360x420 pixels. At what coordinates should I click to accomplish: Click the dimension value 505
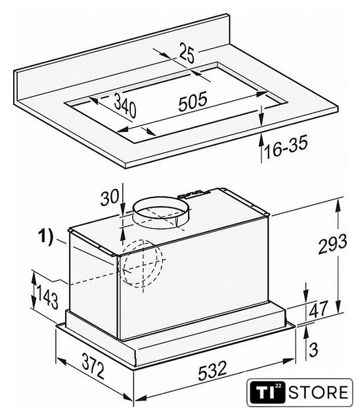click(192, 101)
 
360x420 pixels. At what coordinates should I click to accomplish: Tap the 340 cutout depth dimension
click(125, 104)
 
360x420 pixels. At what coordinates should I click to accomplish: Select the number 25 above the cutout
click(187, 53)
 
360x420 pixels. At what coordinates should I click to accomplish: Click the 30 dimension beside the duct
click(110, 198)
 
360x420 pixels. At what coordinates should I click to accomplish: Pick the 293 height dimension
click(332, 243)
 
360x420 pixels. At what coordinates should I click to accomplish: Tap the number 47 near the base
click(318, 308)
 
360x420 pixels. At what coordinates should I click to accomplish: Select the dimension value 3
click(313, 349)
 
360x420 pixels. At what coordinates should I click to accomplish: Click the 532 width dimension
click(212, 370)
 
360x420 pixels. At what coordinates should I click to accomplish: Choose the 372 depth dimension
click(93, 367)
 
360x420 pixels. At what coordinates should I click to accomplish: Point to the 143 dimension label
click(47, 297)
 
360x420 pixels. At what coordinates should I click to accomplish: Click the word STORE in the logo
click(319, 392)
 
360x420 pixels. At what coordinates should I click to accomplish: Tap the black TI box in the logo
click(267, 392)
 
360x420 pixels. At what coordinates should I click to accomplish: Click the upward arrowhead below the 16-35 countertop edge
click(261, 140)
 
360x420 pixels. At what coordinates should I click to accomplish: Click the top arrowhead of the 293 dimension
click(338, 205)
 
